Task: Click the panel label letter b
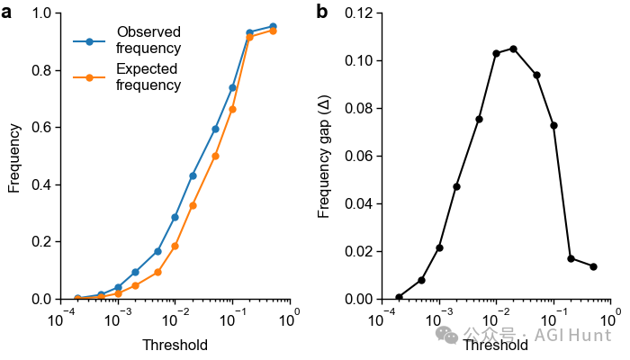click(322, 13)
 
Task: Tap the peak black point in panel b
click(513, 49)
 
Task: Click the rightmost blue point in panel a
click(273, 26)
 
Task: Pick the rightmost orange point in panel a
click(273, 31)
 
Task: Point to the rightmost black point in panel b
click(593, 266)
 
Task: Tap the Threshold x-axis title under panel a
click(175, 345)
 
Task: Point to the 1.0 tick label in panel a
click(40, 13)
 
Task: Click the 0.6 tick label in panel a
click(40, 128)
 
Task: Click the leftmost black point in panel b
click(399, 297)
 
